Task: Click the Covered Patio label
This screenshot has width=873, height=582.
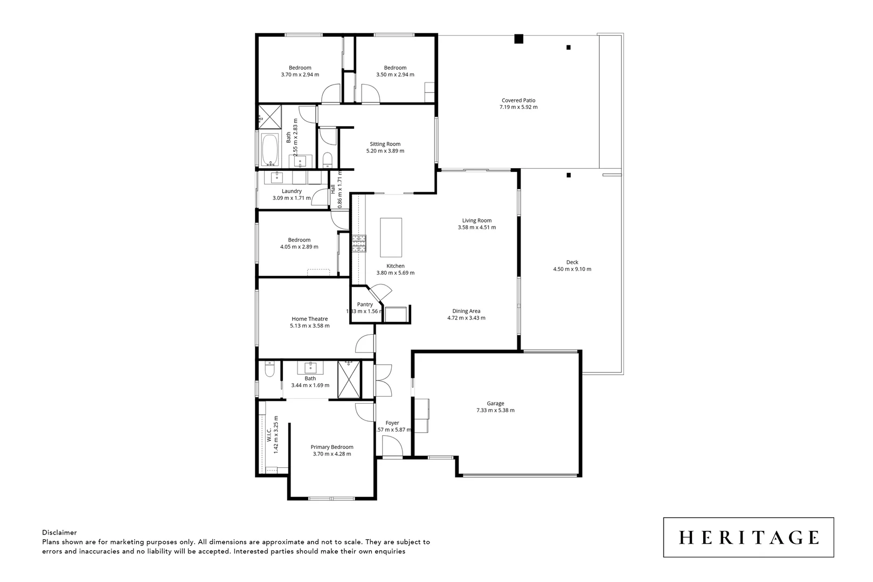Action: coord(518,100)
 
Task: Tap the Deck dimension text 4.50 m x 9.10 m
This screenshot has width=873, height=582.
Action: coord(572,269)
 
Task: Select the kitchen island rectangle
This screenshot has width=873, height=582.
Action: coord(391,238)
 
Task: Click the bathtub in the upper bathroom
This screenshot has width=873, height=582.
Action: coord(269,150)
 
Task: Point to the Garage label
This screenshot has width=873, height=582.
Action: coord(495,403)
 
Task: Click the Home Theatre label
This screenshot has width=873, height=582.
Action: coord(309,319)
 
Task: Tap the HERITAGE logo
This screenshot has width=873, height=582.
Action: coord(748,537)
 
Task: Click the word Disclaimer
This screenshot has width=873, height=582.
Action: coord(59,532)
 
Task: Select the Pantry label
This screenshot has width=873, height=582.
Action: coord(365,304)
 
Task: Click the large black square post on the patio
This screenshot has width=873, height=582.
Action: coord(518,39)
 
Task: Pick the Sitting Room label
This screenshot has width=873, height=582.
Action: coord(385,144)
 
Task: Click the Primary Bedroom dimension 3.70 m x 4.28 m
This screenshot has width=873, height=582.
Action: coord(331,454)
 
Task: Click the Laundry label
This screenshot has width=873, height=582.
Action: coord(292,191)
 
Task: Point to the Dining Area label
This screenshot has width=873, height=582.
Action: coord(466,311)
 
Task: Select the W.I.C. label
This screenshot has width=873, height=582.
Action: coord(269,434)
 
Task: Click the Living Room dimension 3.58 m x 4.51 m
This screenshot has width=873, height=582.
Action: coord(476,227)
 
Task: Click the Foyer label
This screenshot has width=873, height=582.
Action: coord(392,423)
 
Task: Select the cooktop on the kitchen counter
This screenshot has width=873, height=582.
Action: coord(359,244)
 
